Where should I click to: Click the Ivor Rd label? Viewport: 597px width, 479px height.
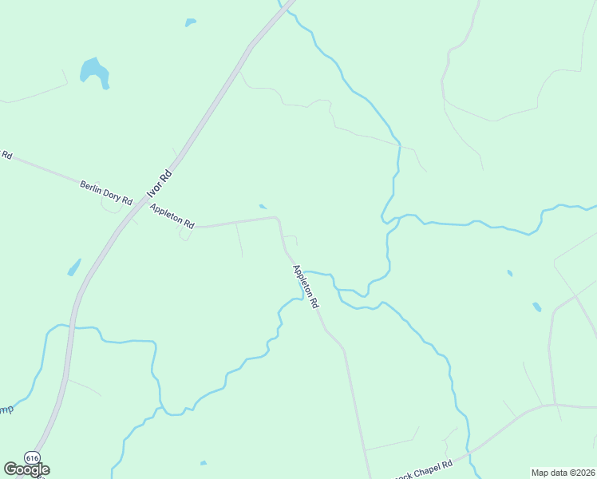click(160, 184)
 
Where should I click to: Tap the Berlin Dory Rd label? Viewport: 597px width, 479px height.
click(105, 192)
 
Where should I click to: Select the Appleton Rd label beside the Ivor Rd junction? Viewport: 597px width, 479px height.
click(172, 216)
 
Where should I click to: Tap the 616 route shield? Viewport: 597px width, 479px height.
click(32, 457)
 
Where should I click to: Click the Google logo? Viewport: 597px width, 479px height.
click(26, 469)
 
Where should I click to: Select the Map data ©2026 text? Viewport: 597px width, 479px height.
click(563, 473)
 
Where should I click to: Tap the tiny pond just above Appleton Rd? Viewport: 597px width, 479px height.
click(263, 207)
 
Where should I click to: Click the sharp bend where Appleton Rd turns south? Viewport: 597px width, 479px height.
click(277, 218)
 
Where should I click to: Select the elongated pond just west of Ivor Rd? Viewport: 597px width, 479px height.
click(74, 267)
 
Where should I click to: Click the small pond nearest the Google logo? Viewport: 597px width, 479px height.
click(204, 463)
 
